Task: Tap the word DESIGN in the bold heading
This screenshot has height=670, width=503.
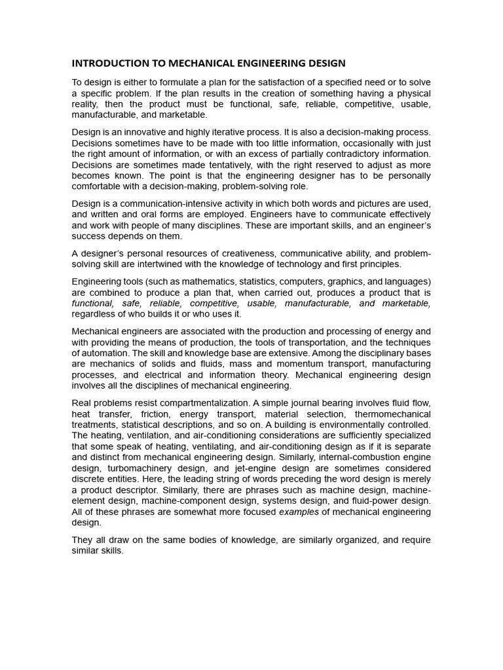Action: (322, 63)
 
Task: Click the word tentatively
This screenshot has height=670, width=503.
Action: (214, 165)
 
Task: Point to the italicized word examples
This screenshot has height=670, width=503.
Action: (299, 512)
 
